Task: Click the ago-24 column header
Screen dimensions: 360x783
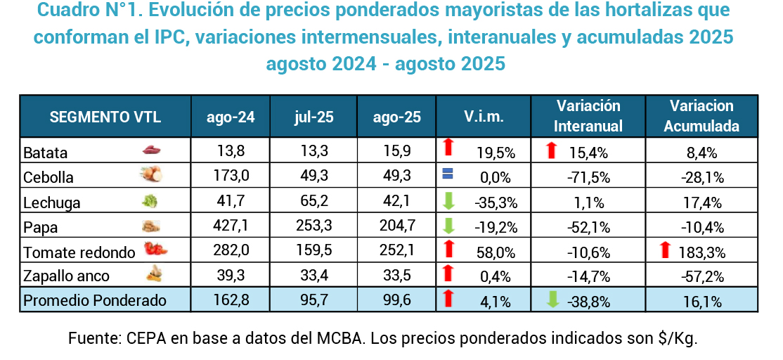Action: [x=231, y=117]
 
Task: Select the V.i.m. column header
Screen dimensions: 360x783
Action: [x=484, y=117]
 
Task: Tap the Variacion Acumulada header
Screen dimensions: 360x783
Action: [x=701, y=117]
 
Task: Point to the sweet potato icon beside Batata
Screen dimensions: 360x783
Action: [x=153, y=150]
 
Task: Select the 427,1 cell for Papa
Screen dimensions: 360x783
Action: [x=231, y=227]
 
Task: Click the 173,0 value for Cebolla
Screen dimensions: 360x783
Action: [x=231, y=177]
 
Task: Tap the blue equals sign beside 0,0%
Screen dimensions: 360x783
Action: [x=449, y=175]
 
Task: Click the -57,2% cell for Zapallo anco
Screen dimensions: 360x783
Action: [x=701, y=277]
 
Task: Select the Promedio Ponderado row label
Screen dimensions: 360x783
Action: [x=95, y=301]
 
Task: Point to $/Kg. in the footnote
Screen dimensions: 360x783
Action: [x=678, y=338]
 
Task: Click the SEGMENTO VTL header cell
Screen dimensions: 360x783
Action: [x=105, y=117]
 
